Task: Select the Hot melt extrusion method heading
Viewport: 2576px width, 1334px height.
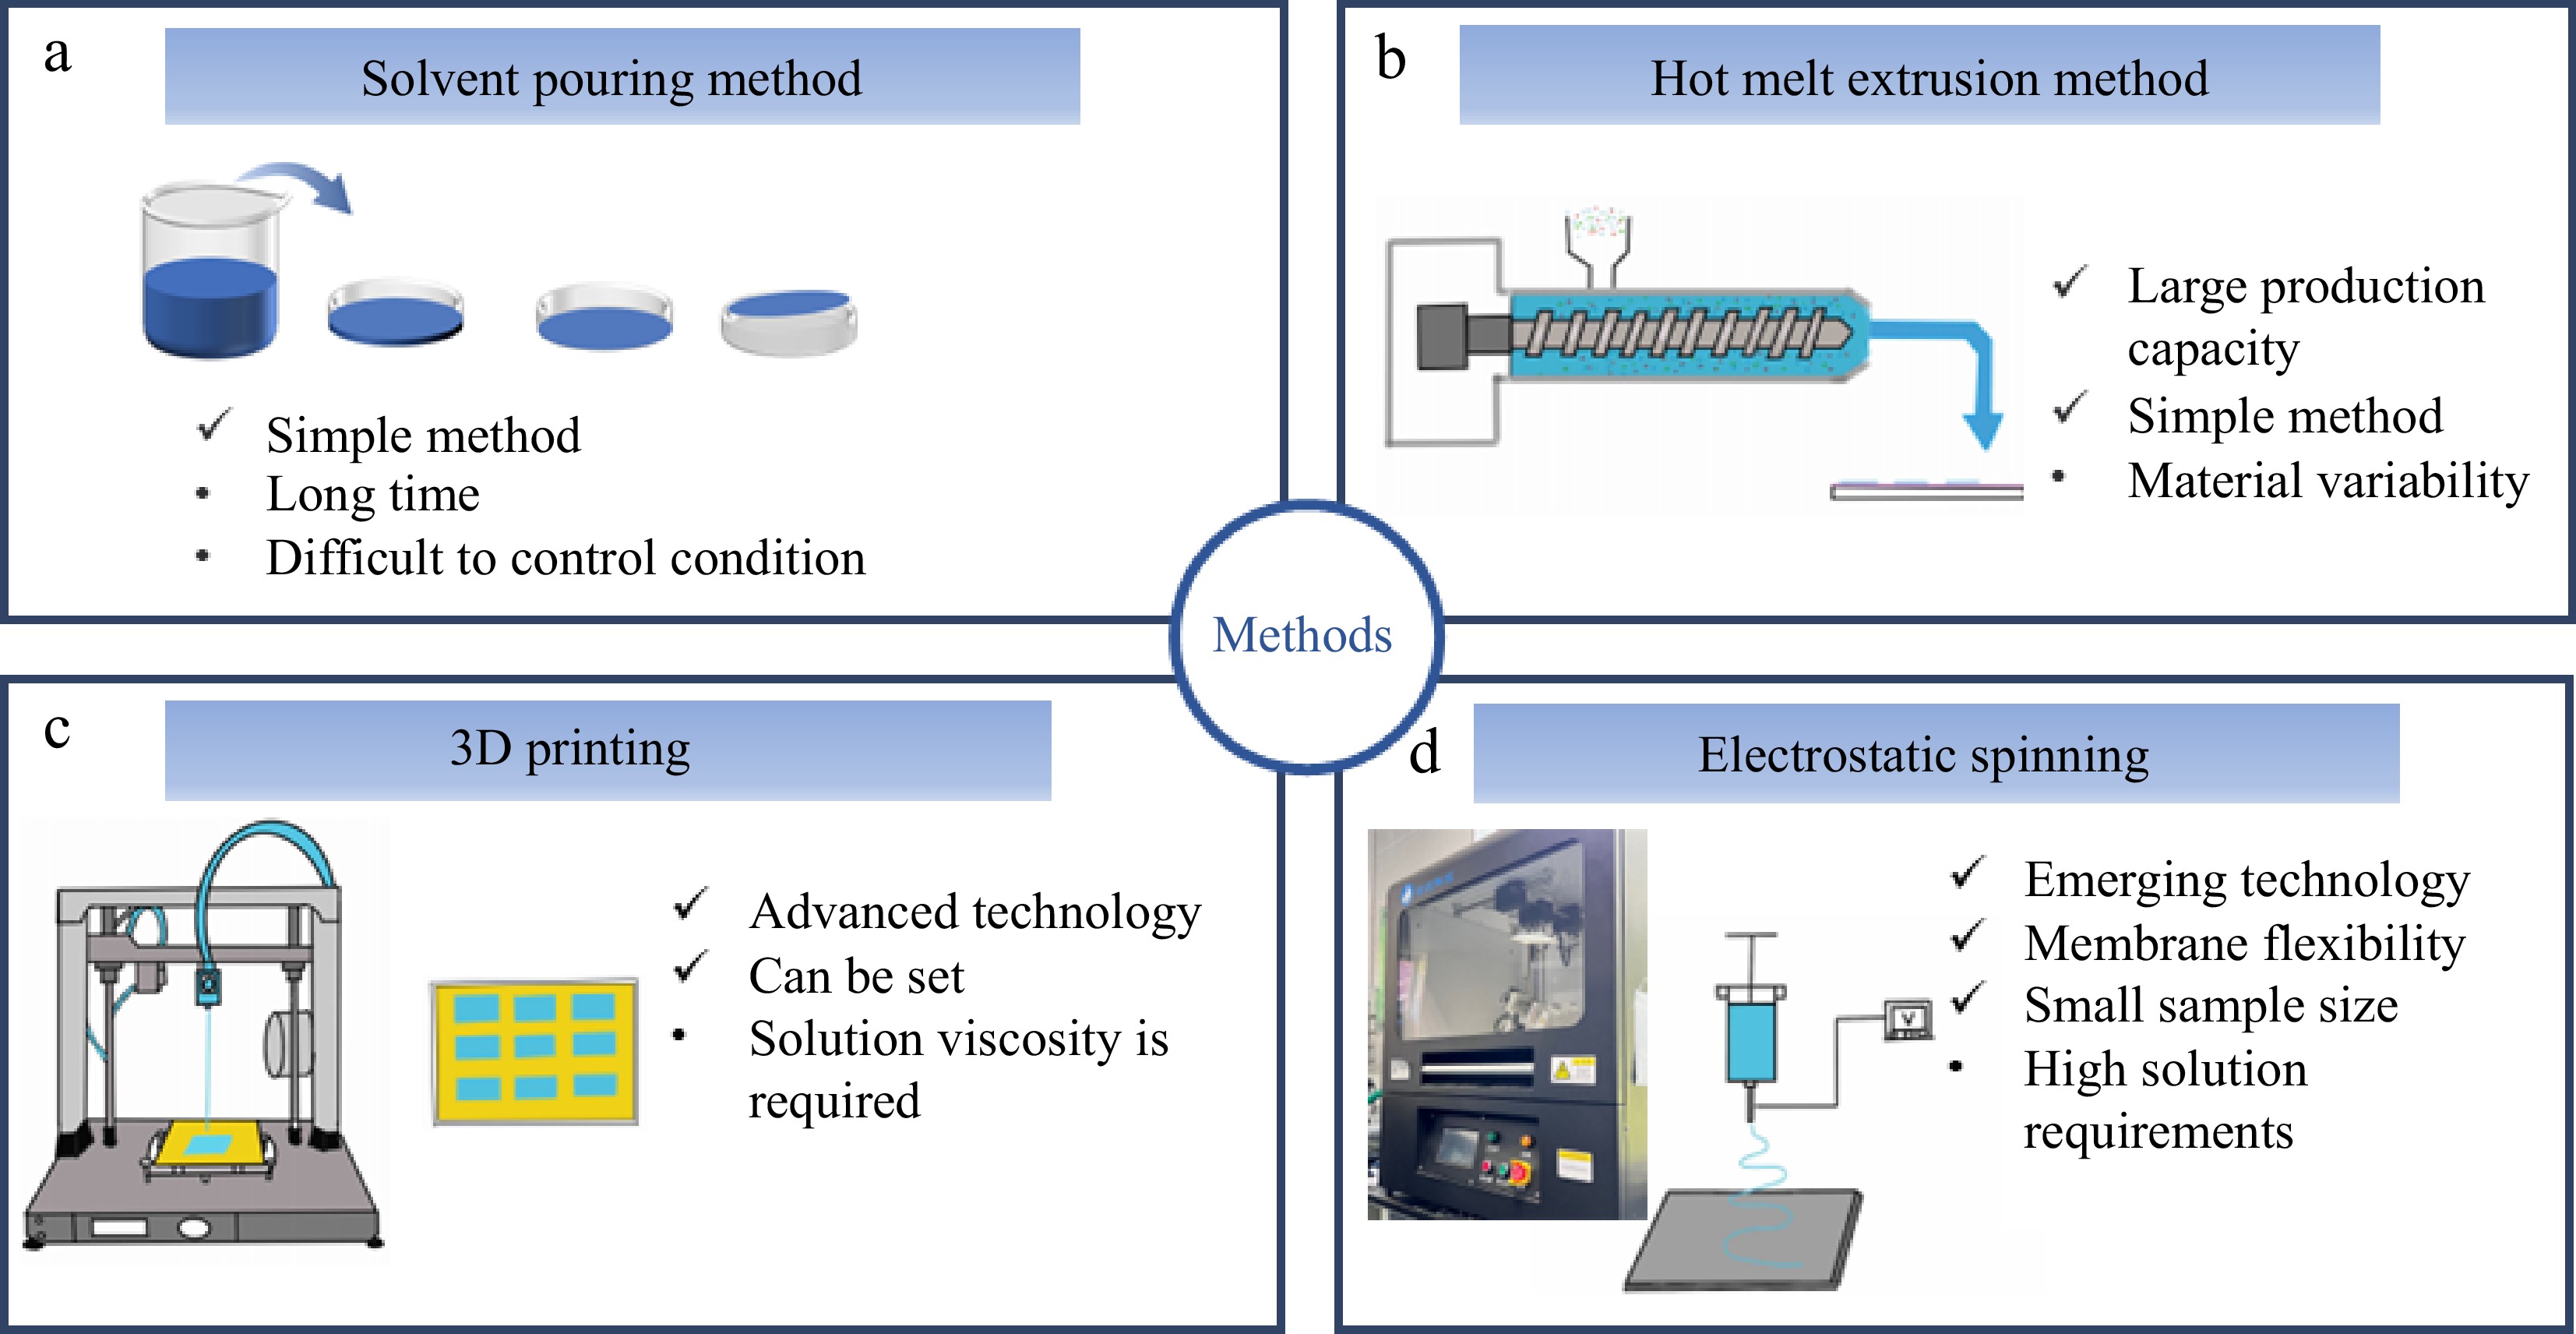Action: click(1928, 79)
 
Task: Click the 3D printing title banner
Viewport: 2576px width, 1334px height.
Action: click(570, 749)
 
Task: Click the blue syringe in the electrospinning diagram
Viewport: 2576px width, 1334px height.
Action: click(1750, 1040)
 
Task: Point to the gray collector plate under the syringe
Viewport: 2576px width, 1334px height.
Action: click(1745, 1240)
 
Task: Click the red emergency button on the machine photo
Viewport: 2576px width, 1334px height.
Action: click(1519, 1172)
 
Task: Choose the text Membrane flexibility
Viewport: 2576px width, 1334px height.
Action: click(2244, 944)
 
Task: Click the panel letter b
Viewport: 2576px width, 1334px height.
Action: click(1390, 57)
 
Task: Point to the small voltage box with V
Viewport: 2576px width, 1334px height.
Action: click(1907, 1020)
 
